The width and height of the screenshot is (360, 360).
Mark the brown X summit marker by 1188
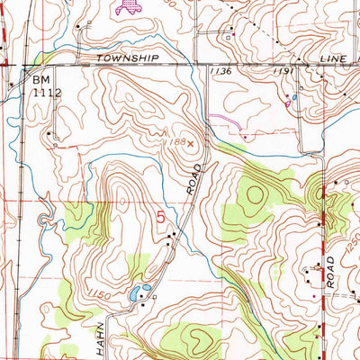click(191, 141)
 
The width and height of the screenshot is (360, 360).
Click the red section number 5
click(162, 217)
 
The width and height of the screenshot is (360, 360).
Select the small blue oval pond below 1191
click(294, 97)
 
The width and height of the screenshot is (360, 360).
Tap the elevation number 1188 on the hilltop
click(175, 141)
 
